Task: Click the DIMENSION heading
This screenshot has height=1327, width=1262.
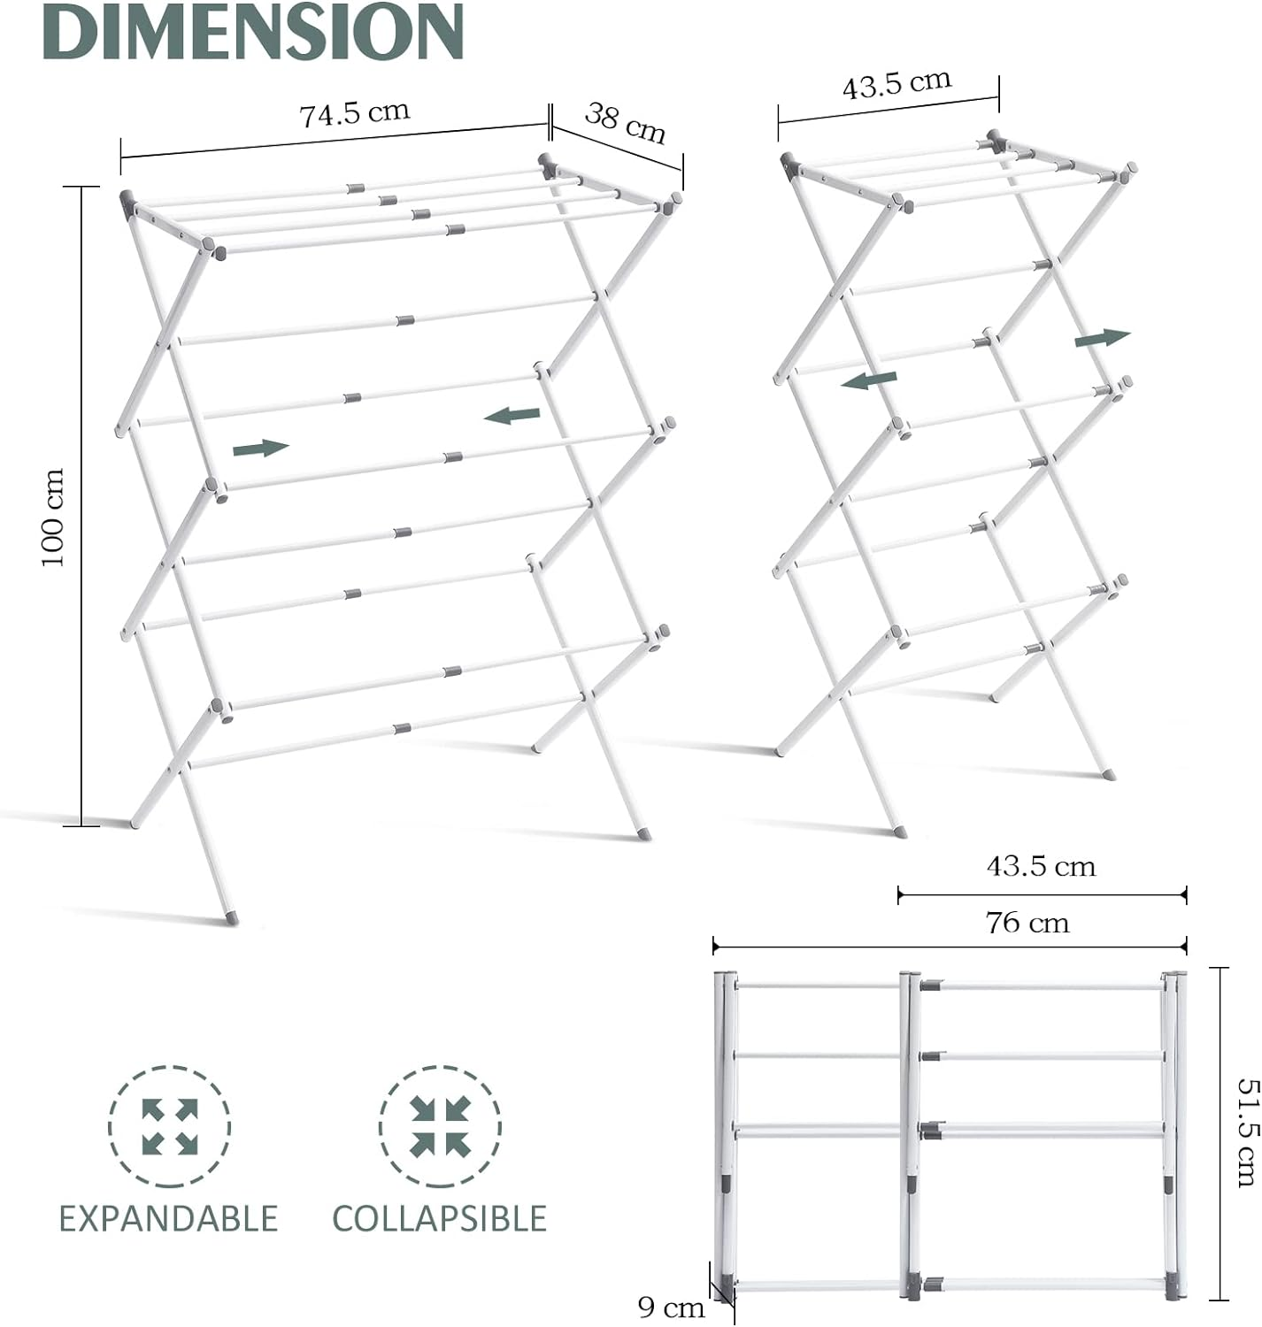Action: point(253,33)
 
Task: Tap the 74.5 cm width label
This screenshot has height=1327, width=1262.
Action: point(354,113)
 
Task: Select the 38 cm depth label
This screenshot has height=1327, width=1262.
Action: point(625,123)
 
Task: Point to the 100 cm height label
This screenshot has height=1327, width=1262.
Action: point(53,518)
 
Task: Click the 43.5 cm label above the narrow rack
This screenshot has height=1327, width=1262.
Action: point(896,84)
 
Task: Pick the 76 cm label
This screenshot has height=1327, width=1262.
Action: point(1027,923)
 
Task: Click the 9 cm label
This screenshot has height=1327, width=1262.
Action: point(671,1307)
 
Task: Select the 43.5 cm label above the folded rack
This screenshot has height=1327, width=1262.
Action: point(1041,865)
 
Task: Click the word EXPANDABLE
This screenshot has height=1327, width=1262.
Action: point(168,1219)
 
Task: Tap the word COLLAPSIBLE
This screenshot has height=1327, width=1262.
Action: point(439,1219)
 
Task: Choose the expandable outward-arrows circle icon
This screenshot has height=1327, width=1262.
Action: point(169,1127)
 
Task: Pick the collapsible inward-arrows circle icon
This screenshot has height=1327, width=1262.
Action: point(440,1127)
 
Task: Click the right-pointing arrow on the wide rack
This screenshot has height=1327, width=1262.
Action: point(261,449)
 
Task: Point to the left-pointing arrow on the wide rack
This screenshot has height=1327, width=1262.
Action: point(512,414)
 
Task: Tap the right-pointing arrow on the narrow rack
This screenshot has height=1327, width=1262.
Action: point(1103,338)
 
